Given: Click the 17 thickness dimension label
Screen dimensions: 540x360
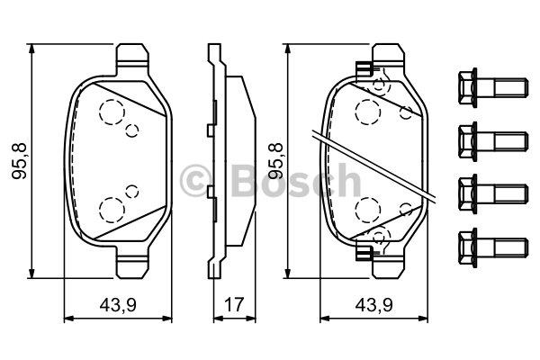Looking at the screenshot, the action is point(234,304).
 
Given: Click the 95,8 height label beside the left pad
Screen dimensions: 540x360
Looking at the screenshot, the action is point(19,161).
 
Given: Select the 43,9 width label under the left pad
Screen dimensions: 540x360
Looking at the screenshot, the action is point(118,305).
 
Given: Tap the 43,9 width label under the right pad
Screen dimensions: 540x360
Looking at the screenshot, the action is point(374,305).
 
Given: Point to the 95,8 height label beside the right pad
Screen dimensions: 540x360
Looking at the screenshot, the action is point(276,161).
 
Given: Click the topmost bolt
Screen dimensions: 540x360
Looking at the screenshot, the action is point(493,87).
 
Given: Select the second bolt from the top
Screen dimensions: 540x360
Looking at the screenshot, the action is point(493,141).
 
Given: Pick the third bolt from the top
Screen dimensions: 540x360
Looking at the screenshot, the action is point(493,193).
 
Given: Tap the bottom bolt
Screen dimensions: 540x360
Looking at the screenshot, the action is point(493,247).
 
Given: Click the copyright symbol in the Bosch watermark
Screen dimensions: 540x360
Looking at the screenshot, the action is point(195,181).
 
